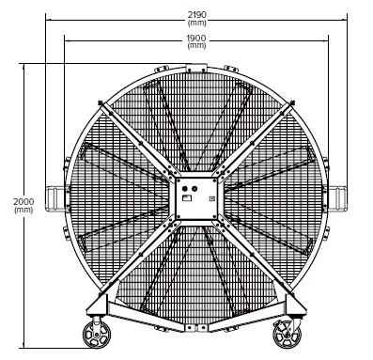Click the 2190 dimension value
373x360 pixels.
(196, 15)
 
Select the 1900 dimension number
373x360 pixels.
(196, 39)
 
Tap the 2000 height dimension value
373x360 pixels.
(23, 201)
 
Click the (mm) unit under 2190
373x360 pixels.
(196, 23)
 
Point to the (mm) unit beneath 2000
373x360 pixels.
(23, 210)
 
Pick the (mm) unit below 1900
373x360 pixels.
(196, 46)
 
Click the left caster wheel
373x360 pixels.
(97, 335)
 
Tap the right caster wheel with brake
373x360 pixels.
(287, 335)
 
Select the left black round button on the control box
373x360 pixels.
(185, 189)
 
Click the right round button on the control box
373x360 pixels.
(194, 189)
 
